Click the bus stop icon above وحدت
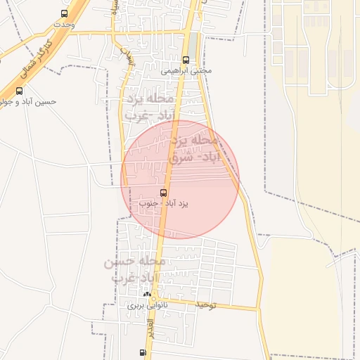pos(65,13)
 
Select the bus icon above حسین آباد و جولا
pos(19,91)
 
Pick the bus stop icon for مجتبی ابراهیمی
pos(186,60)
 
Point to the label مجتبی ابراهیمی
pos(186,70)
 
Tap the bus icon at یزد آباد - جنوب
pos(164,193)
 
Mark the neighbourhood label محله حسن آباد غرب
pos(135,270)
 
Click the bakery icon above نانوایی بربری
pos(147,295)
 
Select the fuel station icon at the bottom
pos(143,352)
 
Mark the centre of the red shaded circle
pos(180,180)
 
